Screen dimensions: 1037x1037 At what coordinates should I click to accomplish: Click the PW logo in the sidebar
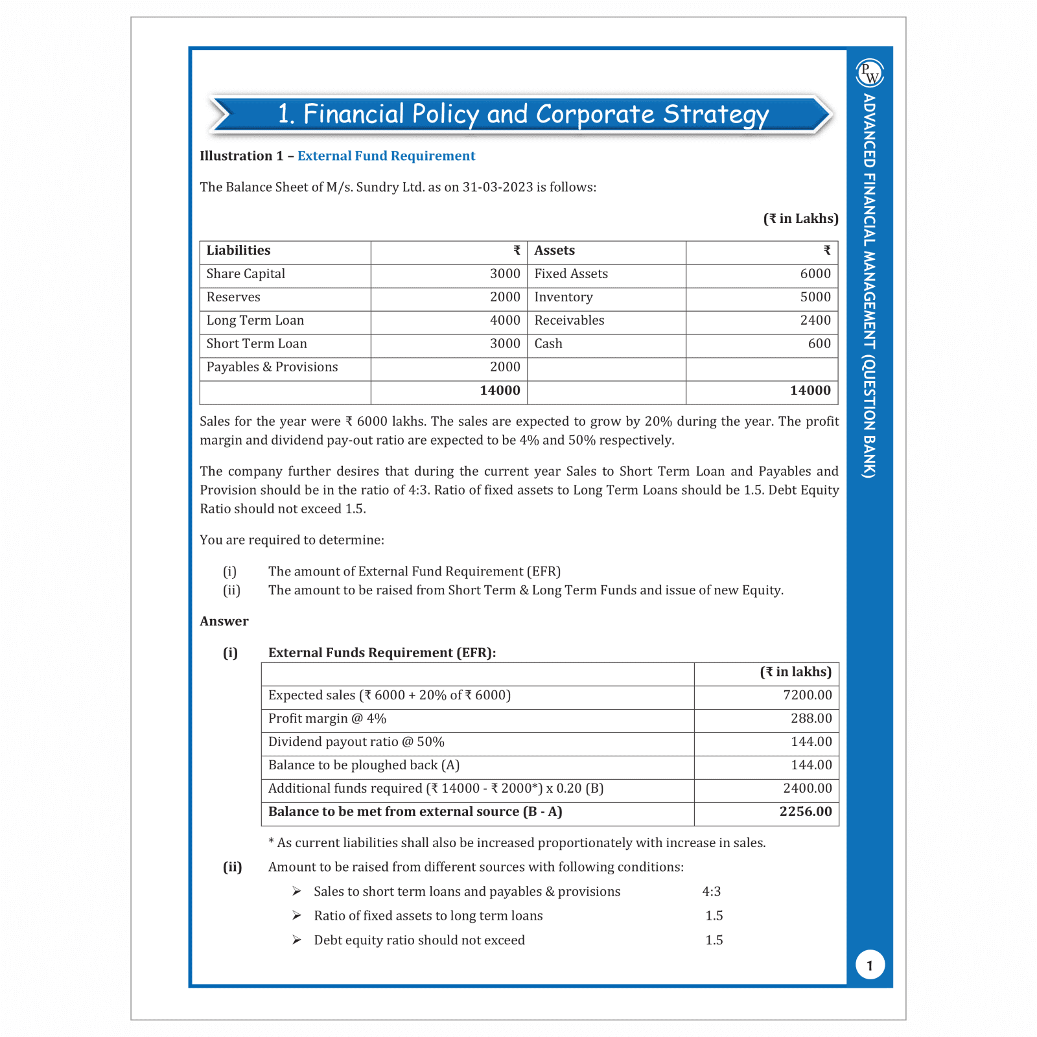tap(870, 73)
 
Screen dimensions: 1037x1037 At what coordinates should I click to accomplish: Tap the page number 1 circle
tap(870, 965)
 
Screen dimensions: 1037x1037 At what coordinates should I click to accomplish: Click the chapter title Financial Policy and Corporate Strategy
tap(522, 114)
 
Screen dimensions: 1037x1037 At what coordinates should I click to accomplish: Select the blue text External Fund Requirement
tap(386, 156)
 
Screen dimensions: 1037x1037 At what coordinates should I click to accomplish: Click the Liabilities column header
tap(239, 251)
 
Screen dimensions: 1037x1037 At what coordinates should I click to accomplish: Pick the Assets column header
tap(554, 251)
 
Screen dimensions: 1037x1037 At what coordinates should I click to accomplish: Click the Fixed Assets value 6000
tap(815, 274)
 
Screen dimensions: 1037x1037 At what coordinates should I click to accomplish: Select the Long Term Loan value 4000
tap(505, 321)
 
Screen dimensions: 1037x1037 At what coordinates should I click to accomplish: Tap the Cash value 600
tap(819, 344)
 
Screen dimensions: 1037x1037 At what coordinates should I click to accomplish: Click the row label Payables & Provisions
tap(272, 367)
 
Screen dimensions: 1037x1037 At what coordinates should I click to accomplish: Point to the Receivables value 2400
tap(815, 321)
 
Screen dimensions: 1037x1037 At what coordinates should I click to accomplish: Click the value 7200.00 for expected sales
tap(807, 695)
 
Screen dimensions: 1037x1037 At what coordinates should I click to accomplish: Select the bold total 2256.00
tap(805, 812)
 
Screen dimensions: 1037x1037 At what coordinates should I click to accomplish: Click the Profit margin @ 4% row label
tap(327, 719)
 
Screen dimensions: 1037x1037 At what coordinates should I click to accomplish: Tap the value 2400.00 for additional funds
tap(807, 789)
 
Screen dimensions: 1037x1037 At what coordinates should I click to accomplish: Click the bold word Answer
tap(224, 622)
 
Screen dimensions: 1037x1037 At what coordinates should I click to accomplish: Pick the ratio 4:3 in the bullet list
tap(711, 892)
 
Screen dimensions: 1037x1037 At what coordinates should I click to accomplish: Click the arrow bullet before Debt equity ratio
tap(296, 940)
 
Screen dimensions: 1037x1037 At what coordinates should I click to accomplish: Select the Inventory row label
tap(563, 297)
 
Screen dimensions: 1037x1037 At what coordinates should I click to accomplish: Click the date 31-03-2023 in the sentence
tap(497, 187)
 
